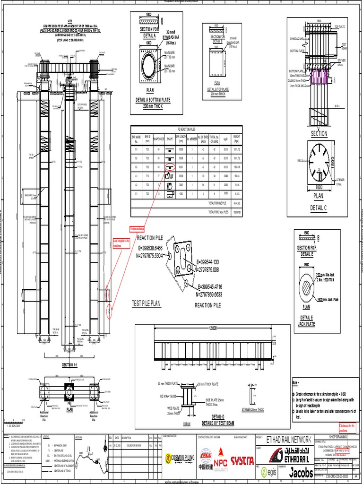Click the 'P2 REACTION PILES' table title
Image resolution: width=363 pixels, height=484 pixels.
point(186,129)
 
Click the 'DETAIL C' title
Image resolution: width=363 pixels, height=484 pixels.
point(318,207)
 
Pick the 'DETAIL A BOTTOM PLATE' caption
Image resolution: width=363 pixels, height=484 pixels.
point(153,100)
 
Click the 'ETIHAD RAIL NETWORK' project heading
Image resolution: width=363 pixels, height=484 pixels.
point(290,439)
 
